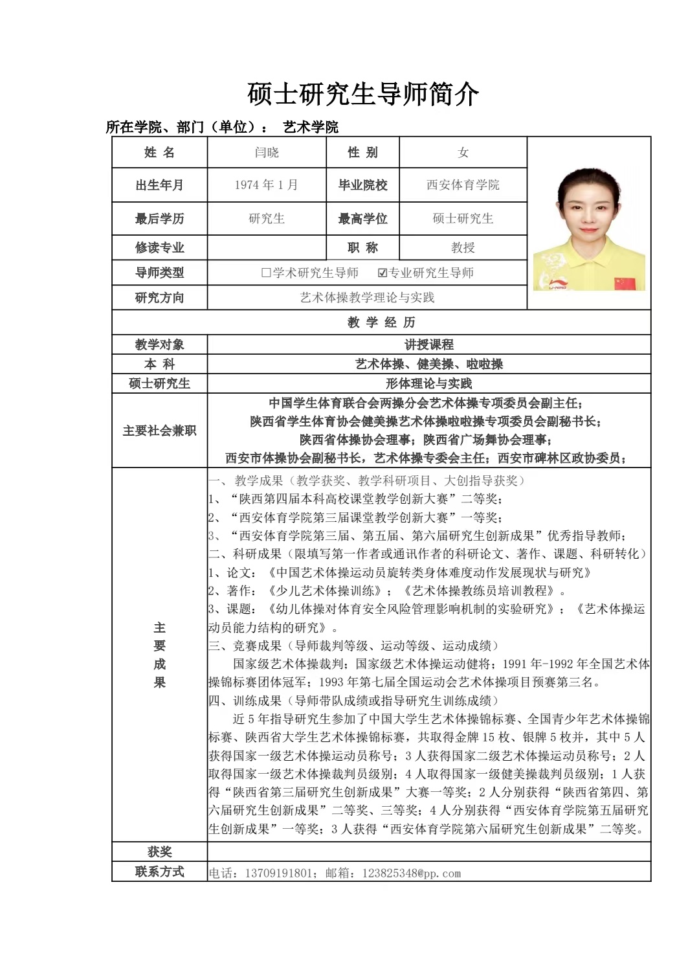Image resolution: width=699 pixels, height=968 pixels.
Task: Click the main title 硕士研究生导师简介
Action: coord(363,95)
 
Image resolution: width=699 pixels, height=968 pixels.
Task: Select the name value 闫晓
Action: coord(267,153)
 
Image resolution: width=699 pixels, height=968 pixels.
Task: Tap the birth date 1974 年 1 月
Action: coord(266,185)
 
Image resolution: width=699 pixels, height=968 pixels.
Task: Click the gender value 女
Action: coord(463,153)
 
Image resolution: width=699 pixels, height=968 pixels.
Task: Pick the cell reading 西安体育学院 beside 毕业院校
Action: coord(463,185)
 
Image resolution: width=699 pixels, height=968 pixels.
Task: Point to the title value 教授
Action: coord(463,247)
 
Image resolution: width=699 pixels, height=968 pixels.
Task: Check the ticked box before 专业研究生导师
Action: coord(383,273)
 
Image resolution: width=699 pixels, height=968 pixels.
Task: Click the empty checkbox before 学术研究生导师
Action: coord(265,273)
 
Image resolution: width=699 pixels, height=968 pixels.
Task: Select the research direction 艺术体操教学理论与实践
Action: coord(367,298)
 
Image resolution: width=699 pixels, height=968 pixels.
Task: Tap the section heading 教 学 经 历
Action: coord(381,322)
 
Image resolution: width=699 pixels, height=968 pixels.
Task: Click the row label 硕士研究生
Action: coord(159,383)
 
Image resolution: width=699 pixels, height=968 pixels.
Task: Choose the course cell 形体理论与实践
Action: coord(428,383)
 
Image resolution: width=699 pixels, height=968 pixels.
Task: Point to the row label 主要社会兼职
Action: coord(159,431)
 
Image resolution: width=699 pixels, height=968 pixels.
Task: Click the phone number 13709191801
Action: coord(278,873)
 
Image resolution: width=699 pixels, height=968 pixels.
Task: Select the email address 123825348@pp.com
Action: coord(412,873)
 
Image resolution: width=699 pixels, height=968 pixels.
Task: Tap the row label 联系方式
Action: coord(159,872)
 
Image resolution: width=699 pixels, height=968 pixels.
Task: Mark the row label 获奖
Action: coord(159,852)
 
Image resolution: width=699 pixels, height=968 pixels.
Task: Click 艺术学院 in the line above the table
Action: coord(311,127)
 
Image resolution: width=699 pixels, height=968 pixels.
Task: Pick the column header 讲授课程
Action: coord(428,344)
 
